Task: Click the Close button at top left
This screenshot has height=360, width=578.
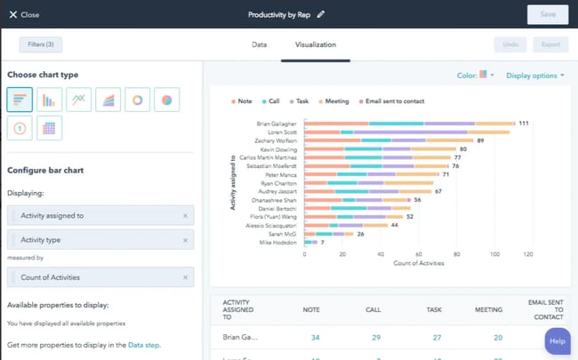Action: point(24,14)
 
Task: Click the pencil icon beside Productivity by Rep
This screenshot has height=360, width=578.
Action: point(321,14)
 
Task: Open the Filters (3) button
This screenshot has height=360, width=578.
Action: point(41,44)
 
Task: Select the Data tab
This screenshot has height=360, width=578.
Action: point(259,44)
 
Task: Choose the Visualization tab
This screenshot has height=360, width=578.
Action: point(316,44)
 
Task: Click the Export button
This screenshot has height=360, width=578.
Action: point(550,44)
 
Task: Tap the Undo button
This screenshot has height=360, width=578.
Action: point(510,44)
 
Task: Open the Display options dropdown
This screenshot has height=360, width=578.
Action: point(534,76)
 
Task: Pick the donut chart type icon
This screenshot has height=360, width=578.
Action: point(138,100)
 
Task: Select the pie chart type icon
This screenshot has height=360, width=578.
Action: point(167,100)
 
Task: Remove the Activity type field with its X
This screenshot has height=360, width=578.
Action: point(185,240)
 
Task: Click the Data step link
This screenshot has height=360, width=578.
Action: point(144,345)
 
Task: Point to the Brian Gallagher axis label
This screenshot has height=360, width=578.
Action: point(277,124)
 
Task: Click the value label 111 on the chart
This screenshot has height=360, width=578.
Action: point(524,124)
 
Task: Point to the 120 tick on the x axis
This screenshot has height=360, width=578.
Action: point(527,253)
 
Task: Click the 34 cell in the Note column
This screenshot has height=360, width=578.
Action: point(316,338)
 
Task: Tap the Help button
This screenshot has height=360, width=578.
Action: point(557,340)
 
